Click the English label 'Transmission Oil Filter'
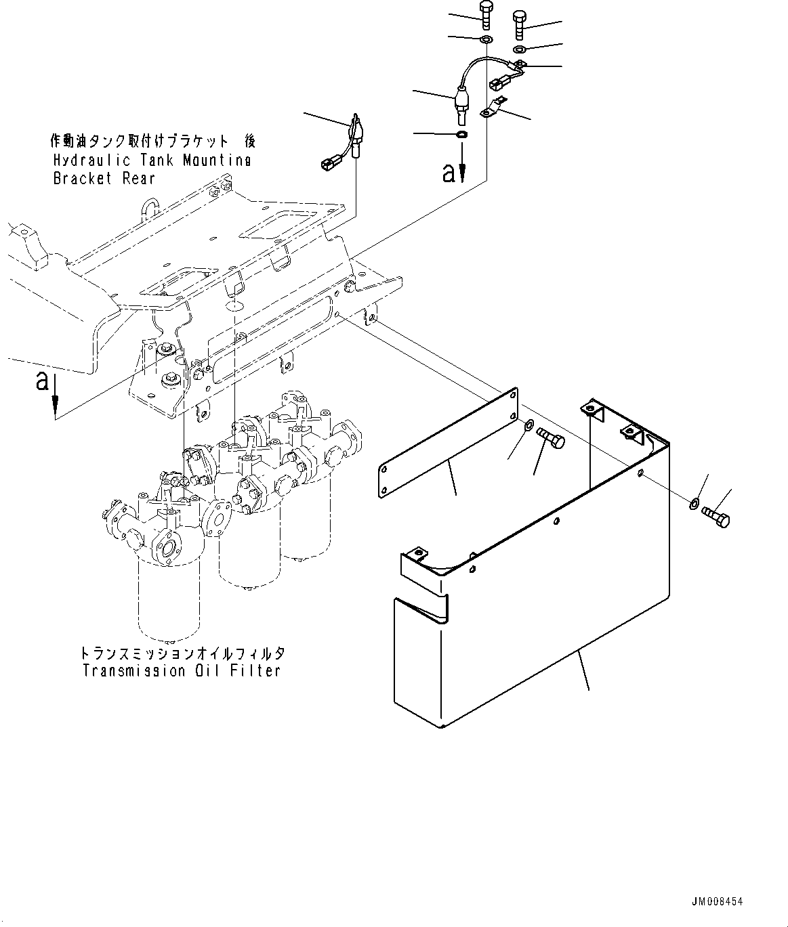[181, 671]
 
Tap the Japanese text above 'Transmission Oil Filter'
[181, 654]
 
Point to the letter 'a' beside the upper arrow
[449, 173]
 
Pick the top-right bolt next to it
[520, 24]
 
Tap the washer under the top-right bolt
[520, 50]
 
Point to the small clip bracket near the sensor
[493, 108]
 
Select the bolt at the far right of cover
[718, 518]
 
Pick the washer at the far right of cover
[694, 504]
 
